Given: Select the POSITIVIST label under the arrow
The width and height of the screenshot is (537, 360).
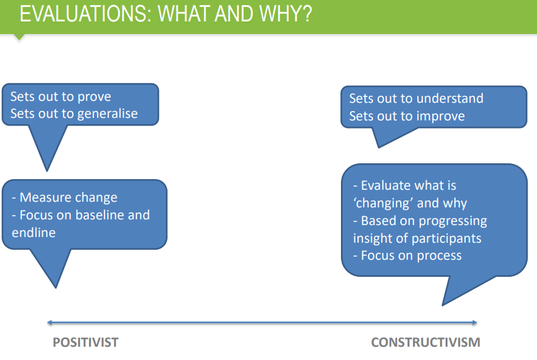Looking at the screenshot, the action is [85, 342].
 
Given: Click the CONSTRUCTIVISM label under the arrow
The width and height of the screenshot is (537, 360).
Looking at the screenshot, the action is [425, 342].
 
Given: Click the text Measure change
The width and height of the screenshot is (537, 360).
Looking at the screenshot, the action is [69, 197].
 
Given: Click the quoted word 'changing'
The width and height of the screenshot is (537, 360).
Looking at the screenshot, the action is [378, 204].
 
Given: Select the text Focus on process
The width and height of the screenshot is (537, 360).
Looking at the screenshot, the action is [412, 255].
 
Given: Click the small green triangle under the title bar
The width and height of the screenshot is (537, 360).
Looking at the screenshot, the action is [19, 37].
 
